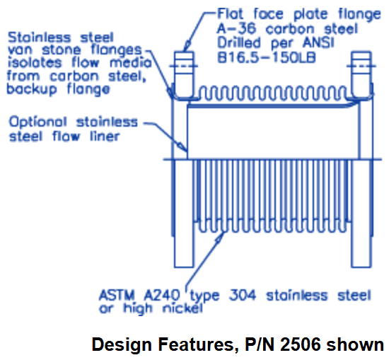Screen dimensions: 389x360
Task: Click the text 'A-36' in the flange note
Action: (x=236, y=28)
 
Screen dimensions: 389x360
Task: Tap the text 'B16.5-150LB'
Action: (x=267, y=58)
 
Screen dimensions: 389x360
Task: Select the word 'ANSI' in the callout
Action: (x=318, y=42)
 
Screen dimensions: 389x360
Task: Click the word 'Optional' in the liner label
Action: (x=38, y=122)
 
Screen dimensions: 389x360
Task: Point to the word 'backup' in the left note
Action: (x=32, y=89)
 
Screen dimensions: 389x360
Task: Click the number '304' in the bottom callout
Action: (x=243, y=295)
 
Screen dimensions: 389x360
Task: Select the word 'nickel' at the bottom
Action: (x=182, y=308)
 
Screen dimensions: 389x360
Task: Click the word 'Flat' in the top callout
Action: (x=230, y=13)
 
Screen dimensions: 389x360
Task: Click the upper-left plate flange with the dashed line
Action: (x=184, y=74)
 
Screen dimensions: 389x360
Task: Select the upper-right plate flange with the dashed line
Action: (x=361, y=74)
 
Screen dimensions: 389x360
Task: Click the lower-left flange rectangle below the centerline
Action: (x=184, y=214)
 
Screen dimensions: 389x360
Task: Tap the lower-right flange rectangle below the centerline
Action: (x=361, y=214)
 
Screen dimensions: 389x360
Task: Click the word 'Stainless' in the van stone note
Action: (x=39, y=37)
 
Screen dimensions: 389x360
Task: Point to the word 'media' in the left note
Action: (x=131, y=62)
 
